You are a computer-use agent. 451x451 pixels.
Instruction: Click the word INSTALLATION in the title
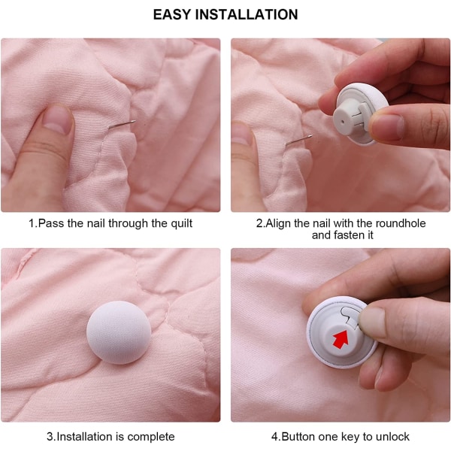tap(247, 14)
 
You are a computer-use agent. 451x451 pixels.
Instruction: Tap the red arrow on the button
tap(341, 339)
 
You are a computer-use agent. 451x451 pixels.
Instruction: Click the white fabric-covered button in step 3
tap(119, 332)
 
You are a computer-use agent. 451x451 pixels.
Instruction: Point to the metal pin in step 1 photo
tap(122, 125)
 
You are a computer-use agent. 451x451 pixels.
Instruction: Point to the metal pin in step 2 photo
tap(298, 140)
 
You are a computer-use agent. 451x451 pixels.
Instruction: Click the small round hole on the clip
tap(341, 122)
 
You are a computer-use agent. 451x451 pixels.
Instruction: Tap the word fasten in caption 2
tap(348, 235)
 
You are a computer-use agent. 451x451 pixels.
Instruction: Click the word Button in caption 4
tap(298, 437)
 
